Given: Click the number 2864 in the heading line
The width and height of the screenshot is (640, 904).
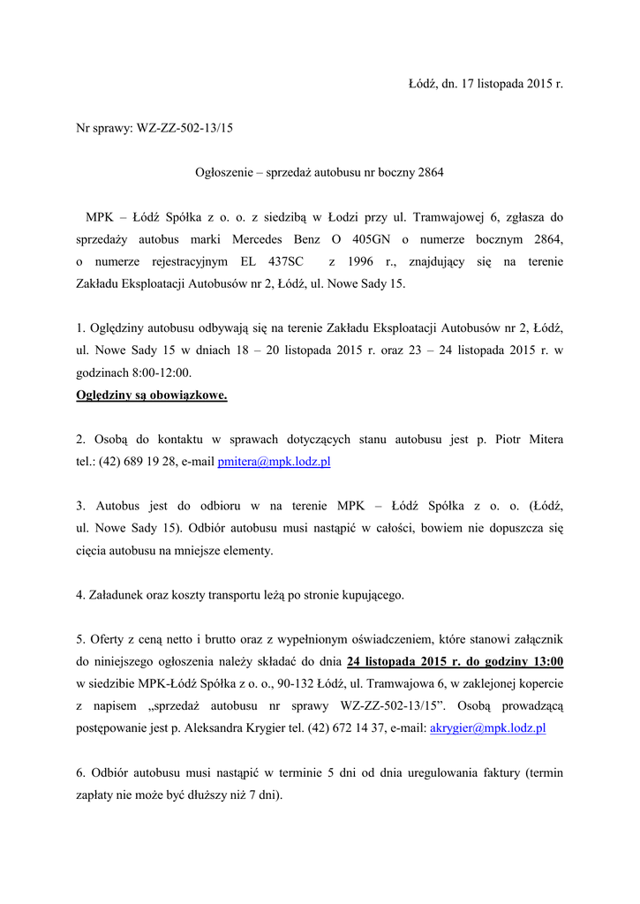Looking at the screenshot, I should pos(428,172).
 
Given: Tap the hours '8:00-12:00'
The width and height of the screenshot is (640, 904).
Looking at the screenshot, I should pos(162,373).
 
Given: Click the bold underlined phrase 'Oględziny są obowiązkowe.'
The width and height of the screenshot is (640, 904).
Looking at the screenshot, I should pos(152,395).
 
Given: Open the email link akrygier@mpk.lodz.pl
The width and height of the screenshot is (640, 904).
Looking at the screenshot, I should pos(487,728).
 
